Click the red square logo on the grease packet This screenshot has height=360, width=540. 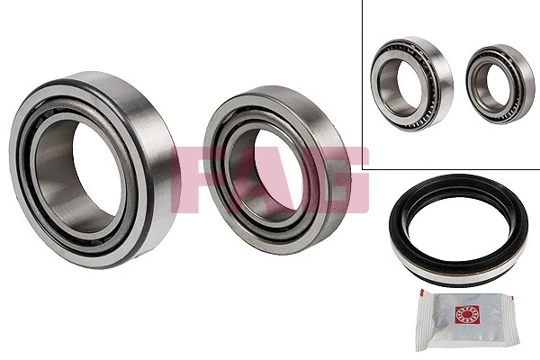coord(467,314)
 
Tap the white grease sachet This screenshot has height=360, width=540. coord(467,319)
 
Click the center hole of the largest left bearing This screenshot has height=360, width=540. coord(97,170)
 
